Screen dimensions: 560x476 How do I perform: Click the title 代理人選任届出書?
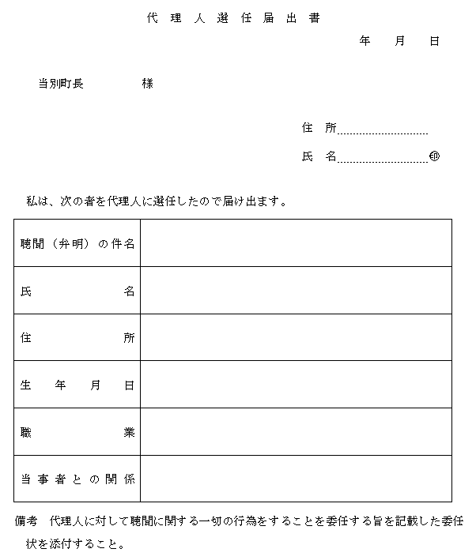(x=233, y=18)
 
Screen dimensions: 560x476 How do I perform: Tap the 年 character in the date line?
(x=365, y=41)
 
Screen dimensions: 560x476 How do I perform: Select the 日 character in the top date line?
(x=434, y=41)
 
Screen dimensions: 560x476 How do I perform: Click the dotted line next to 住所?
(x=383, y=131)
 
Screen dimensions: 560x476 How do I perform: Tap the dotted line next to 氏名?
(x=383, y=159)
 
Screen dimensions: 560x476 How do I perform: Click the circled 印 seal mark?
(x=434, y=156)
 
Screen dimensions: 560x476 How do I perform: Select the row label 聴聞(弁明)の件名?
(x=77, y=243)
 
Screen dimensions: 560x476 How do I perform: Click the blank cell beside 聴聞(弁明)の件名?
(x=296, y=243)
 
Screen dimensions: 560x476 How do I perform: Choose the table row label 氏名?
(x=77, y=291)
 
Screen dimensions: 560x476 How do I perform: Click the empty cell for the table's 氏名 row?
(x=296, y=291)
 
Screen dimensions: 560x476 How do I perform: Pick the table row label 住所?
(x=77, y=338)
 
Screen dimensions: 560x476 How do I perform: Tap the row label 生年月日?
(x=77, y=385)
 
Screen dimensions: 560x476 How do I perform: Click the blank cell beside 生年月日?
(x=296, y=385)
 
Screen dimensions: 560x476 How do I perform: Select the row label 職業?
(x=77, y=433)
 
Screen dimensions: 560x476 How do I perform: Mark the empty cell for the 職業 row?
(x=296, y=433)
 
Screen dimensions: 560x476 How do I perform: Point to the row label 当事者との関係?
(x=77, y=479)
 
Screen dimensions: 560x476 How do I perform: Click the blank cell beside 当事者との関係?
(x=296, y=479)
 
